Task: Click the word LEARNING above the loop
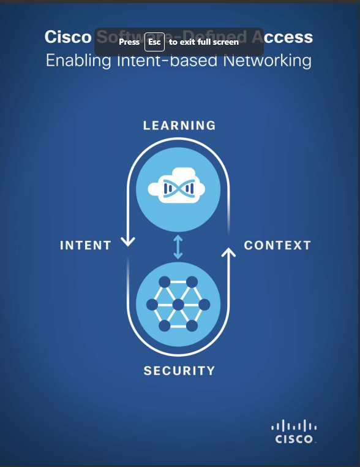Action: (x=179, y=126)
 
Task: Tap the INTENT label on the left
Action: (x=86, y=246)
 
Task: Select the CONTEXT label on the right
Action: (x=277, y=246)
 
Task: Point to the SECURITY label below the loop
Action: (x=179, y=371)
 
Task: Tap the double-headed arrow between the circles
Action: (x=178, y=246)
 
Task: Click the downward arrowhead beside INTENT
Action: (x=128, y=241)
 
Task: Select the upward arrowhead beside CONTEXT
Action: (x=229, y=252)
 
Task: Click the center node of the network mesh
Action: (x=178, y=305)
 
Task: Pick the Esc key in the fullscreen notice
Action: (x=154, y=42)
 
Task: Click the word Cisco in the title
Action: (x=67, y=37)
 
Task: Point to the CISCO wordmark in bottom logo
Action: (x=294, y=439)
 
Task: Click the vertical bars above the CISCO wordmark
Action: (x=294, y=426)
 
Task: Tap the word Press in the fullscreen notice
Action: (x=129, y=42)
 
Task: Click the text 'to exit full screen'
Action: (x=204, y=42)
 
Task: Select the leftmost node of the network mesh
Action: (x=152, y=305)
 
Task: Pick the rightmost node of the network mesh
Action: (x=204, y=305)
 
